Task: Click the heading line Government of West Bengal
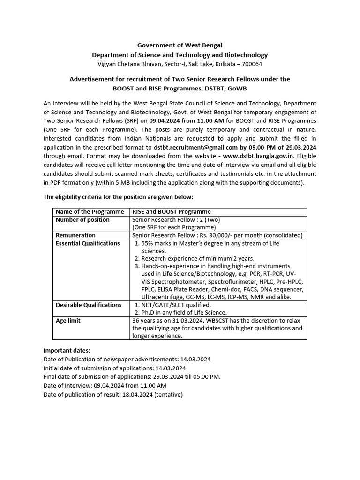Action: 180,45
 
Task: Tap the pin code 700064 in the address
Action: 250,64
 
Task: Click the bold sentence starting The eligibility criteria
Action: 118,197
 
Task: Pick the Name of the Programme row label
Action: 90,212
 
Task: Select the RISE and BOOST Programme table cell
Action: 172,212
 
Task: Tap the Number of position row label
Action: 82,220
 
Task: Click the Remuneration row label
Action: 75,235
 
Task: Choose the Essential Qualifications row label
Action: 88,243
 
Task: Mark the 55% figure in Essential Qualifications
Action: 148,243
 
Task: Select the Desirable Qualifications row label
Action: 88,305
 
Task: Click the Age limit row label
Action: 68,321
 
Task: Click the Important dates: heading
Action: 67,350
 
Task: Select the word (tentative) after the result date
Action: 168,395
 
